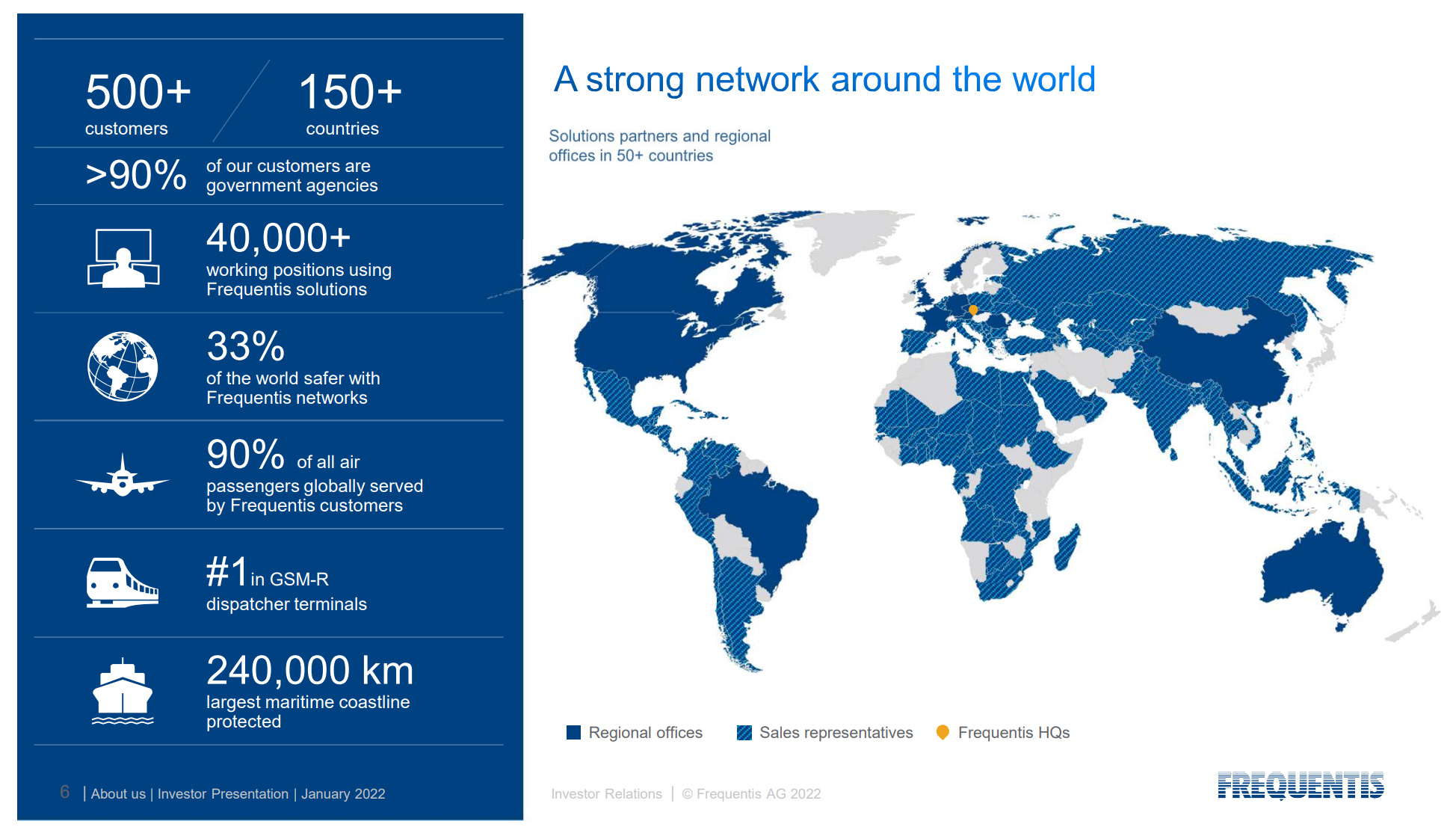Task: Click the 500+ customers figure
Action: tap(138, 92)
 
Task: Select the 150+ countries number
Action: tap(350, 92)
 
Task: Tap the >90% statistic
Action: tap(136, 175)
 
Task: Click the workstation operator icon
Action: tap(123, 259)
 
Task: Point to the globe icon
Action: tap(123, 366)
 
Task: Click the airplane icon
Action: tap(123, 476)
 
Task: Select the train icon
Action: tap(122, 583)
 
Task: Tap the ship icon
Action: tap(122, 692)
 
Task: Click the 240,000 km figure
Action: tap(309, 670)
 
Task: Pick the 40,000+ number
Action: tap(278, 238)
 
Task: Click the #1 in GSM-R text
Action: tap(267, 574)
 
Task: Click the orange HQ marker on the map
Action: tap(973, 310)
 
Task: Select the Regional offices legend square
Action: tap(573, 733)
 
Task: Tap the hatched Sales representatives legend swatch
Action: tap(744, 733)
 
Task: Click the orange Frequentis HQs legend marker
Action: tap(943, 732)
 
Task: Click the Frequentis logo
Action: tap(1301, 785)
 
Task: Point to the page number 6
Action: tap(65, 792)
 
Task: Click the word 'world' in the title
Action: tap(1053, 79)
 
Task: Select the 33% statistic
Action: tap(245, 346)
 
